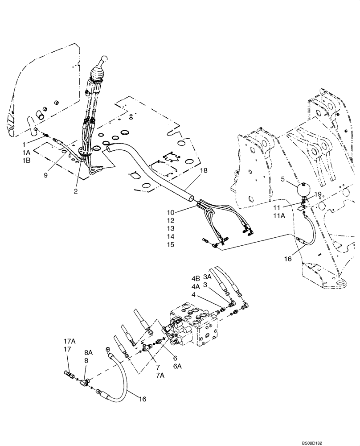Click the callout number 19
pyautogui.click(x=317, y=194)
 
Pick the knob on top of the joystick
pyautogui.click(x=103, y=60)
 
